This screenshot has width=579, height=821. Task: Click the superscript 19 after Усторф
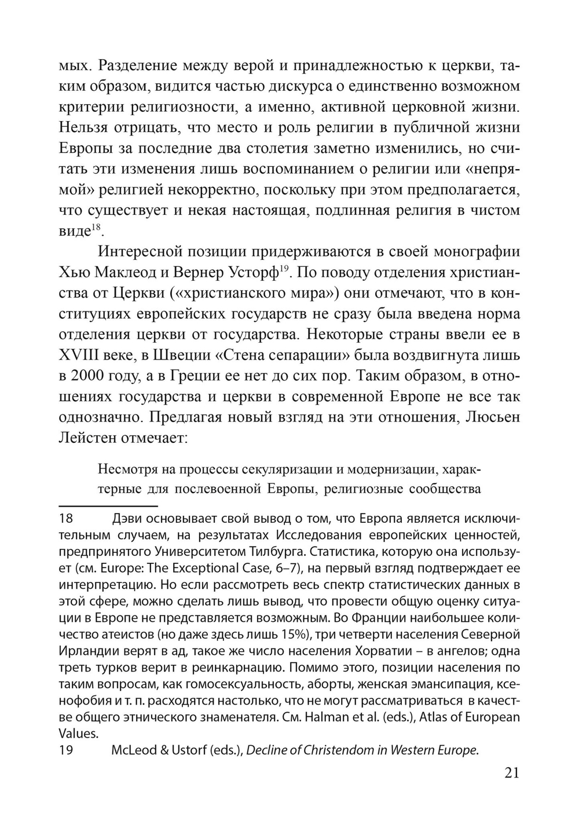click(284, 268)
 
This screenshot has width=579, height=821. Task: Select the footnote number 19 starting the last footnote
click(68, 750)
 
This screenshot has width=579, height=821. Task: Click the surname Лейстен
click(87, 438)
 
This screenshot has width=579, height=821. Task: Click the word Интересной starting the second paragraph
click(140, 252)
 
